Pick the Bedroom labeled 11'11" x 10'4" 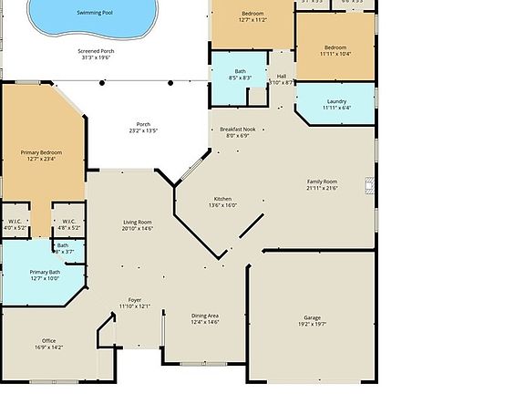pyautogui.click(x=335, y=49)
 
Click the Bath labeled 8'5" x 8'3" pyautogui.click(x=240, y=74)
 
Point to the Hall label pyautogui.click(x=282, y=77)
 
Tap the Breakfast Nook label pyautogui.click(x=237, y=130)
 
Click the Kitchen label pyautogui.click(x=222, y=199)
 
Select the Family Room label pyautogui.click(x=322, y=181)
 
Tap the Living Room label pyautogui.click(x=138, y=223)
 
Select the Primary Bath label pyautogui.click(x=45, y=272)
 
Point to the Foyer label pyautogui.click(x=135, y=299)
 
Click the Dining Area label pyautogui.click(x=205, y=316)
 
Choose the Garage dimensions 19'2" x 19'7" pyautogui.click(x=312, y=323)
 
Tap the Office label pyautogui.click(x=48, y=340)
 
